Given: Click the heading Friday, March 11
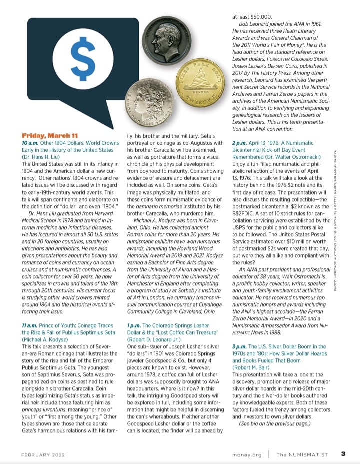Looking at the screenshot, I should tap(50, 135).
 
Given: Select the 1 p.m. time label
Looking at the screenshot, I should tap(134, 326).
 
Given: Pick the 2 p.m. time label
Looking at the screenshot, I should tap(239, 143).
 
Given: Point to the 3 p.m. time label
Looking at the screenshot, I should tap(239, 346).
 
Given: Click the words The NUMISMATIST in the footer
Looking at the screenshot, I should tap(303, 455).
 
